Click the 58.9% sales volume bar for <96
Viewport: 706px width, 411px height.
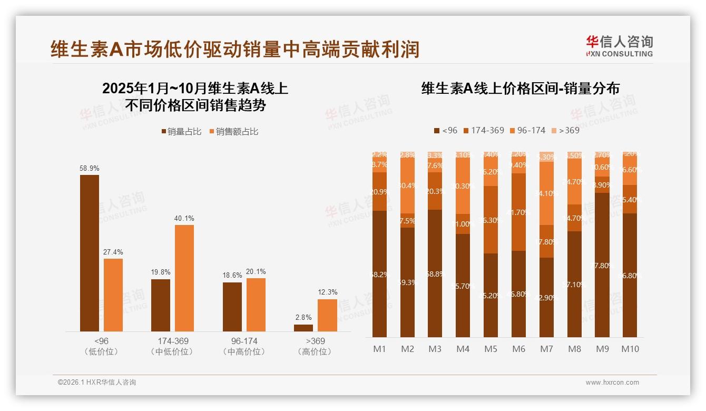pyautogui.click(x=90, y=253)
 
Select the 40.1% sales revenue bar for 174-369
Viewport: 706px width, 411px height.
pyautogui.click(x=184, y=278)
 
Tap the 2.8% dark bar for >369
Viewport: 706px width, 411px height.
pyautogui.click(x=303, y=328)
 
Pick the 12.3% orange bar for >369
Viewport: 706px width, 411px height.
pyautogui.click(x=327, y=315)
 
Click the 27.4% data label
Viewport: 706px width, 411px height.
pyautogui.click(x=113, y=252)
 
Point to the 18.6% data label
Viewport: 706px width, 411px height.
pyautogui.click(x=232, y=276)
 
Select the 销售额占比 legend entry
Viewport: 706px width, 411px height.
pyautogui.click(x=233, y=132)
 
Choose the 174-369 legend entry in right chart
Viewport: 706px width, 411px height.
pyautogui.click(x=483, y=130)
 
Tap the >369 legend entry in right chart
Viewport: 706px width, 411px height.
pyautogui.click(x=565, y=130)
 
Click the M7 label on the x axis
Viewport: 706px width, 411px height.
pyautogui.click(x=546, y=349)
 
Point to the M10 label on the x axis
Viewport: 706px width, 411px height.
pyautogui.click(x=630, y=349)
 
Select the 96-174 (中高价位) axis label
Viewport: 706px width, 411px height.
pyautogui.click(x=243, y=346)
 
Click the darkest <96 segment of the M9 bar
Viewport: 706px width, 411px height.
pyautogui.click(x=602, y=265)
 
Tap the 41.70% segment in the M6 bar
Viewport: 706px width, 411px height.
pyautogui.click(x=519, y=212)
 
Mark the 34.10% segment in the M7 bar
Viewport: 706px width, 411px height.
pyautogui.click(x=546, y=193)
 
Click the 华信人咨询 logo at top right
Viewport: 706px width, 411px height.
pyautogui.click(x=619, y=46)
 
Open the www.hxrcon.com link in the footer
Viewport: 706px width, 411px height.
pyautogui.click(x=612, y=383)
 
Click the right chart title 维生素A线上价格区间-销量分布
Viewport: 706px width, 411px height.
pyautogui.click(x=520, y=89)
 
